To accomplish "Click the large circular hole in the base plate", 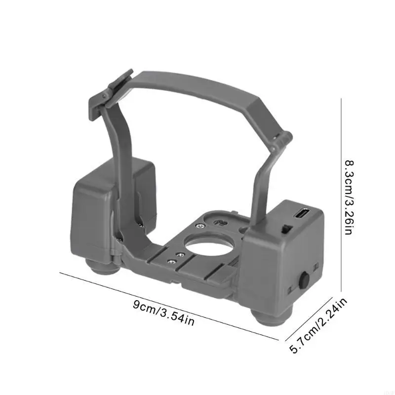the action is [x=209, y=246].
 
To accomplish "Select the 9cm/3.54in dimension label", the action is [x=163, y=313].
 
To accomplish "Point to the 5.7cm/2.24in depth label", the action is [x=318, y=326].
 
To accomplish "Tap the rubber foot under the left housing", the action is [x=103, y=268].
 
